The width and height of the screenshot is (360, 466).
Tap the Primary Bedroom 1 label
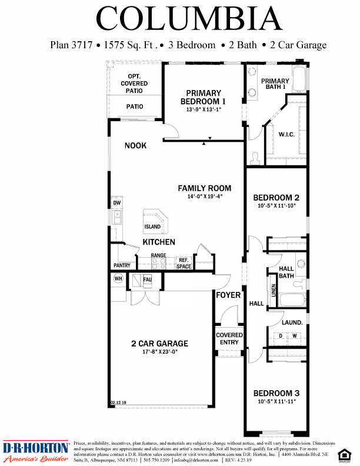pyautogui.click(x=204, y=97)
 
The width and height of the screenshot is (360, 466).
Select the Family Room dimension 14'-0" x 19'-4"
pyautogui.click(x=205, y=197)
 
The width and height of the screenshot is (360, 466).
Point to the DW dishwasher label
pyautogui.click(x=116, y=203)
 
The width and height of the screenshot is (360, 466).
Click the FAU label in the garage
pyautogui.click(x=147, y=280)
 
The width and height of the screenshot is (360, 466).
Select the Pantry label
pyautogui.click(x=122, y=265)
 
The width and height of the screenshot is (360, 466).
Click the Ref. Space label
pyautogui.click(x=184, y=263)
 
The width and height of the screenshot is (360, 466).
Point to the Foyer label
pyautogui.click(x=228, y=295)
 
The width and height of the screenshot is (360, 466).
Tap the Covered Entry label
pyautogui.click(x=229, y=339)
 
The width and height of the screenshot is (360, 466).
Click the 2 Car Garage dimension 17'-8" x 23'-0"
pyautogui.click(x=159, y=351)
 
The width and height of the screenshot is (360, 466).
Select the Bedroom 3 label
pyautogui.click(x=276, y=393)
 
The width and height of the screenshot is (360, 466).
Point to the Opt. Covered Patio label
pyautogui.click(x=134, y=84)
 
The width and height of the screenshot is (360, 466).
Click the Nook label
pyautogui.click(x=135, y=145)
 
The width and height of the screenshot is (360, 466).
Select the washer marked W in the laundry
pyautogui.click(x=293, y=336)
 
